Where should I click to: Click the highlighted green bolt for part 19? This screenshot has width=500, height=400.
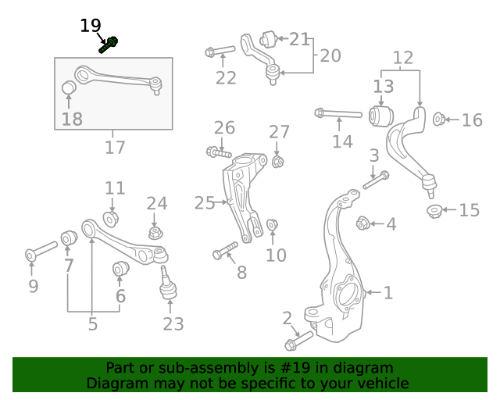tap(108, 45)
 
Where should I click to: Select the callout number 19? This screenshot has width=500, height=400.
tap(91, 26)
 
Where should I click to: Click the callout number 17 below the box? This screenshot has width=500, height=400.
tap(115, 147)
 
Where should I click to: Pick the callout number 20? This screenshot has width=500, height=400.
tap(330, 56)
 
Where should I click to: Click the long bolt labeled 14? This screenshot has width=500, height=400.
tap(337, 114)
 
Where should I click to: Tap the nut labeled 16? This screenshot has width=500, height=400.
tap(439, 120)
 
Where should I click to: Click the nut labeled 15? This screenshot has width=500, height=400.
tap(435, 210)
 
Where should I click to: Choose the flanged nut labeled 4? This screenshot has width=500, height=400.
tap(362, 223)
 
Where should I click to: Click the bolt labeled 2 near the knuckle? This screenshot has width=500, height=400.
tap(298, 340)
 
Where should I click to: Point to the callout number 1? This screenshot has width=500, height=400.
tap(387, 293)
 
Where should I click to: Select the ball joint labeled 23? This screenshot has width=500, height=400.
tap(169, 284)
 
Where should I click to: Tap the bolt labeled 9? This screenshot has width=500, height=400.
tap(41, 252)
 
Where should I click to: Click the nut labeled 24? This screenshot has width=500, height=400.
tap(155, 232)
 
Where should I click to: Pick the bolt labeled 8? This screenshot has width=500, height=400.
tap(225, 252)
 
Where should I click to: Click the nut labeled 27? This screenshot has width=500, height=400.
tap(278, 162)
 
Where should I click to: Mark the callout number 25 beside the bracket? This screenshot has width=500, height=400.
tap(205, 203)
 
